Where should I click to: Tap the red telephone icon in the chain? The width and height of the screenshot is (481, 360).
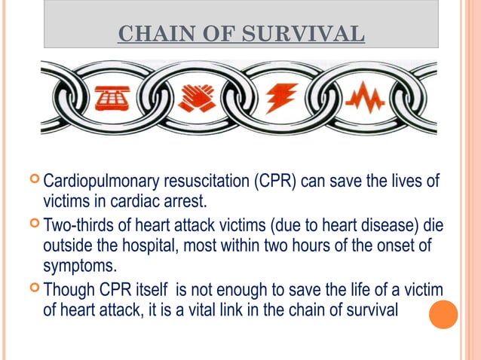(x=112, y=97)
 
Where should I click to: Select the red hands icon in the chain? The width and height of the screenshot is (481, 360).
(x=196, y=98)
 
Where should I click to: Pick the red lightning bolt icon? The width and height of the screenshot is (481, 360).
(x=280, y=98)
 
